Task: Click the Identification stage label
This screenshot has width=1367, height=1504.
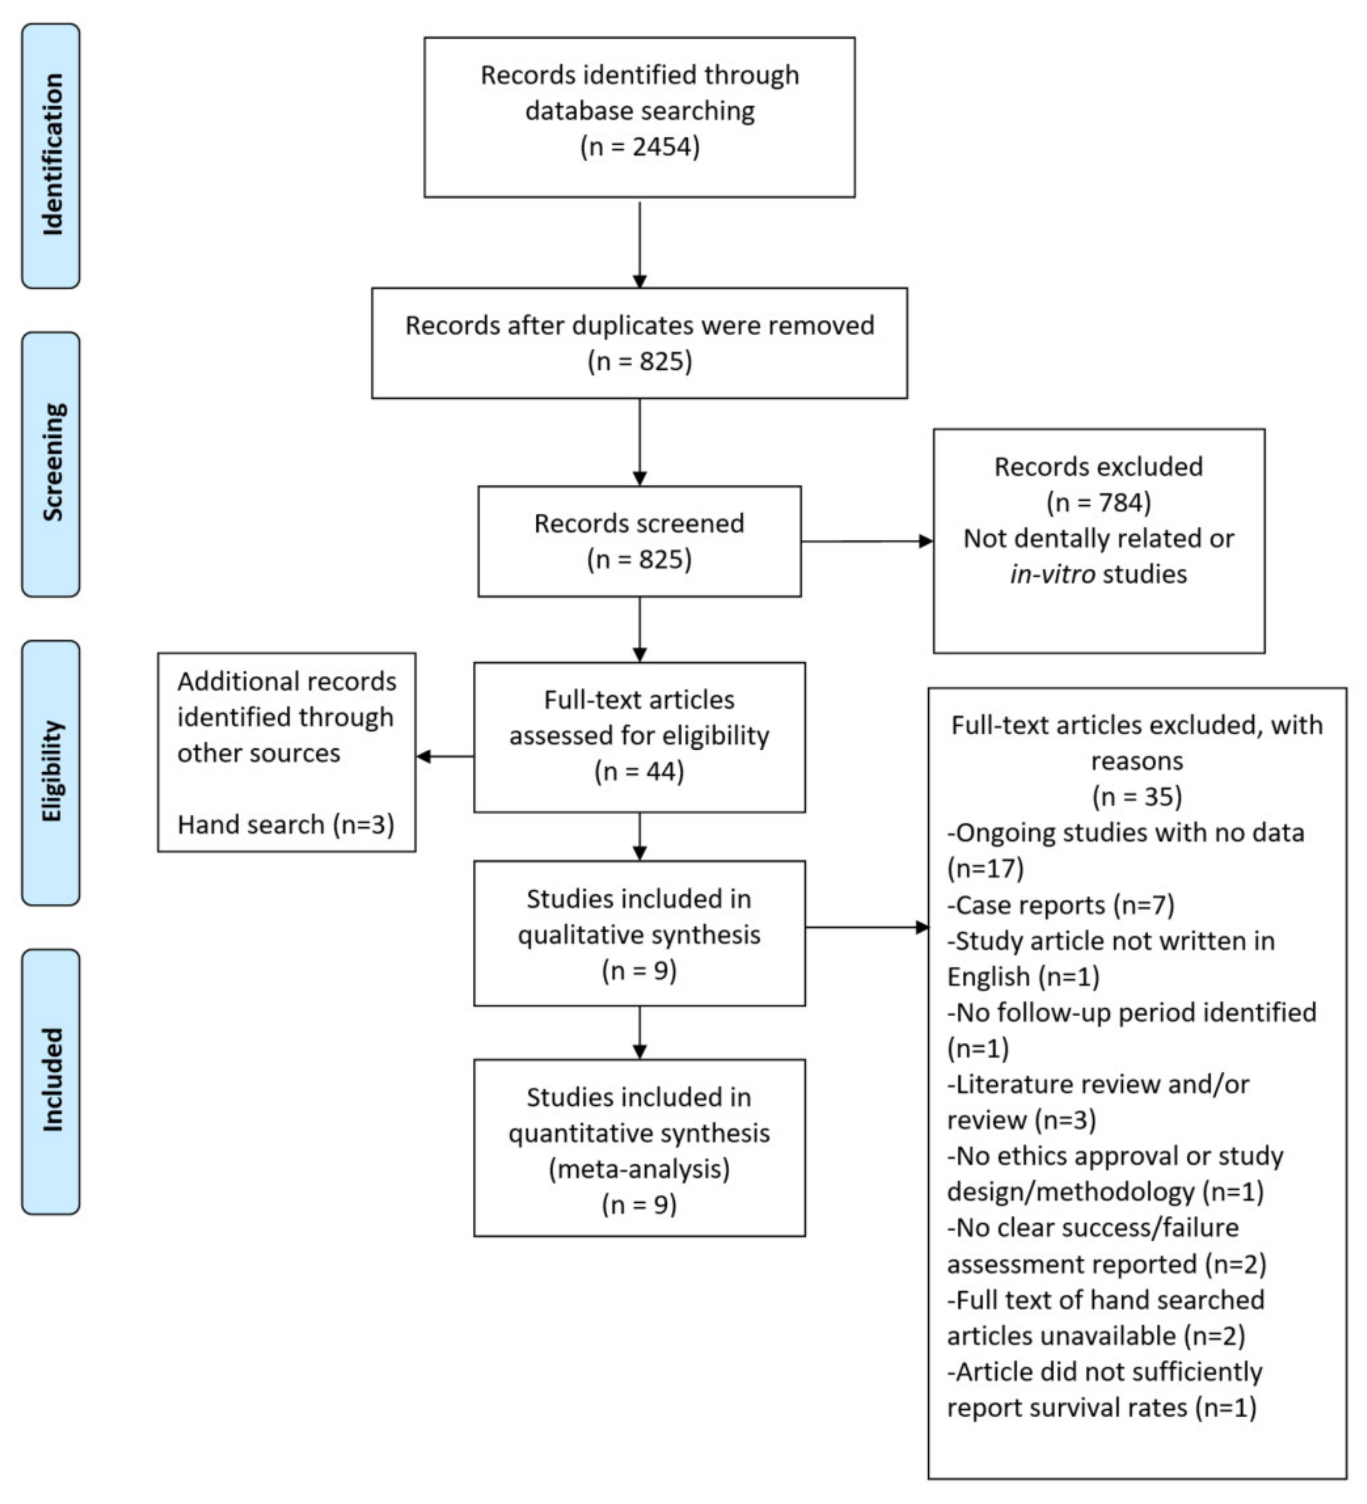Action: pos(51,155)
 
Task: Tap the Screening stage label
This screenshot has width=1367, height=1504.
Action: pos(51,464)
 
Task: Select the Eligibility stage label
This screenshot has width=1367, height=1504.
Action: pos(51,772)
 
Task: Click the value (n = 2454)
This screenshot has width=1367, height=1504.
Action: pos(639,146)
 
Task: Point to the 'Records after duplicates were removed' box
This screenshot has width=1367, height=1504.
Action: pos(639,343)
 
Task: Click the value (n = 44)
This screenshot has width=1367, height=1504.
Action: pos(639,772)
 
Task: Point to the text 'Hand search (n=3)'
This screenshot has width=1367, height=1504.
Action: pos(286,824)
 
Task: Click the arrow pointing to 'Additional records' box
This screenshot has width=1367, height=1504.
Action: pos(445,756)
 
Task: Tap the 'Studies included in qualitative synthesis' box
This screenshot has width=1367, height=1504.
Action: pos(639,933)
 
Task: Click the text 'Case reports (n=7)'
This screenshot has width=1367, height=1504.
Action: pos(1061,905)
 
